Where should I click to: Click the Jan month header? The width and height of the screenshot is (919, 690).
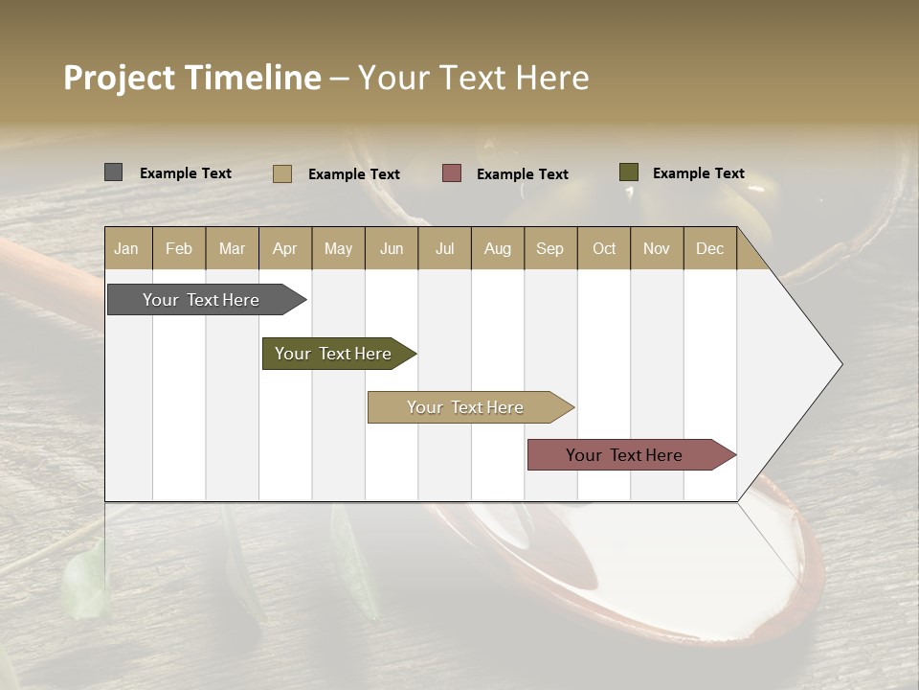point(126,248)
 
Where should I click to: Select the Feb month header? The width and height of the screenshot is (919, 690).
point(179,248)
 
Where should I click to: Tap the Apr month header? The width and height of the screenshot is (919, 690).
point(285,248)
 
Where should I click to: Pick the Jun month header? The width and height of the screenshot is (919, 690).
point(392,248)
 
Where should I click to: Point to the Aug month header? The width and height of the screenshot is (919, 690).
point(498,248)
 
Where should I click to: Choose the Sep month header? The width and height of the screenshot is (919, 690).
point(550,248)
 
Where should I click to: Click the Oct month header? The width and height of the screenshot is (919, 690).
point(604,248)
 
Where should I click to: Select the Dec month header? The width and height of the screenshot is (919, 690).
point(710,248)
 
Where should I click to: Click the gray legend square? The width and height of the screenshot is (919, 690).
point(113,172)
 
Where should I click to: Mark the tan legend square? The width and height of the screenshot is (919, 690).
point(282,173)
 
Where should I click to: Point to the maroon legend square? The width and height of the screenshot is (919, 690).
point(452,173)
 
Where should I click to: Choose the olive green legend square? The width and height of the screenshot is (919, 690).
point(629,172)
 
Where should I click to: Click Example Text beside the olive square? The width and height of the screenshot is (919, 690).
point(698,173)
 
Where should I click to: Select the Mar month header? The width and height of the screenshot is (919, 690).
point(232,248)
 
